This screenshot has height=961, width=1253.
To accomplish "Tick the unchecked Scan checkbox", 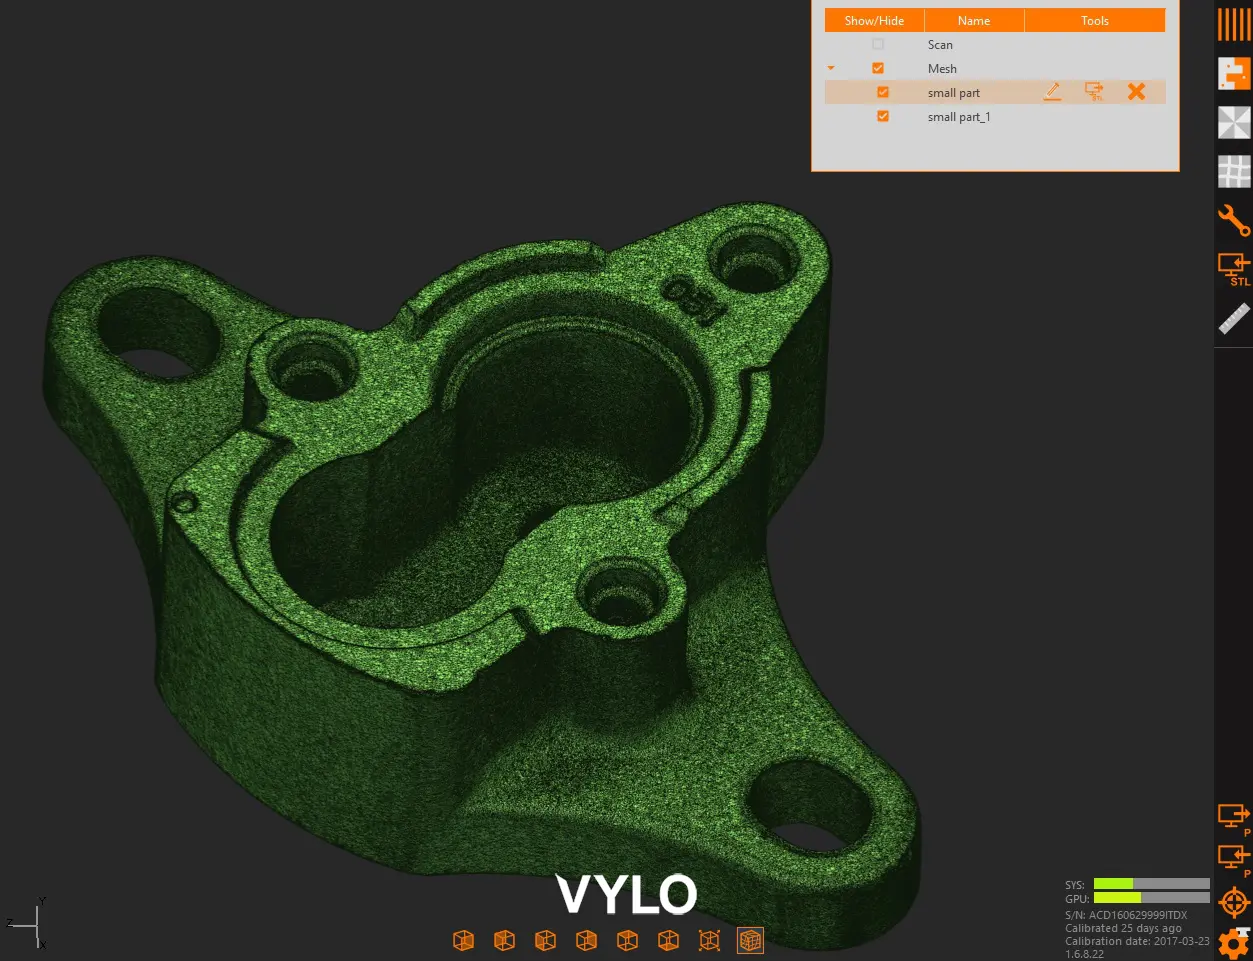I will pos(878,45).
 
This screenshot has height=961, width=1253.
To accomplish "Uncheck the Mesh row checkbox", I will pos(878,69).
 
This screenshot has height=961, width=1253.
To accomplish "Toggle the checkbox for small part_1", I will pos(883,117).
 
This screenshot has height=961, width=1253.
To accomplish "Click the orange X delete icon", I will pos(1136,92).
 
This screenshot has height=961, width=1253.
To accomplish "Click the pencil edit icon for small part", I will pos(1052,92).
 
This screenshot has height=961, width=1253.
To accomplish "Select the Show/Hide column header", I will pos(874,21).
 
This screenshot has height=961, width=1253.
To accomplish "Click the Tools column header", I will pos(1095,21).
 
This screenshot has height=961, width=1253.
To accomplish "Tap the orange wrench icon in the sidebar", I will pos(1234,220).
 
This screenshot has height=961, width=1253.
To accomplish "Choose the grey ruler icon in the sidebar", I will pos(1234,319).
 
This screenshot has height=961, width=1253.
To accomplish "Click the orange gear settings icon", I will pos(1234,943).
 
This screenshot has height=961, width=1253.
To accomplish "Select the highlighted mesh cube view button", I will pos(750,940).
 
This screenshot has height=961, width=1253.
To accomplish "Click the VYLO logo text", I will pos(626,894).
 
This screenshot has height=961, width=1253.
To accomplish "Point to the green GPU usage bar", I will pos(1117,898).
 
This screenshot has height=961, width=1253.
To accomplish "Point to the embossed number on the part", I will pos(694,299).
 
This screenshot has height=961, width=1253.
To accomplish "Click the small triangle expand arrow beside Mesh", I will pos(831,69).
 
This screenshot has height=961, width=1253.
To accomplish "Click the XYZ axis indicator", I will pos(30,923).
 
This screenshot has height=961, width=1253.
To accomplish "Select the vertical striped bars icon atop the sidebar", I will pos(1234,24).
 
